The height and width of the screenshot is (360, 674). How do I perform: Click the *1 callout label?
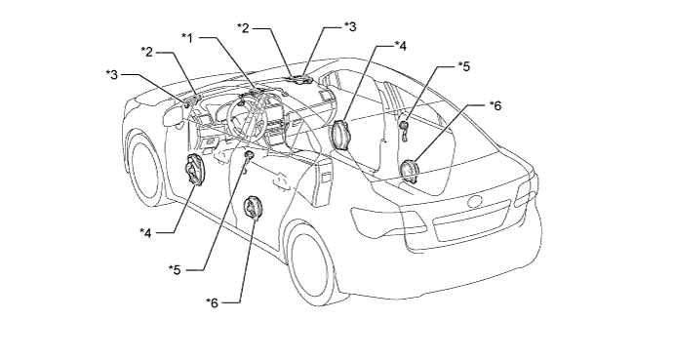[187, 38]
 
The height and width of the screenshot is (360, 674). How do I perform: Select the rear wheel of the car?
[310, 261]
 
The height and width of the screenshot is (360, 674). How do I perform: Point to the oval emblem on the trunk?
[476, 201]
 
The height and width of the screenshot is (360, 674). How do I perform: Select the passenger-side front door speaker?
[341, 136]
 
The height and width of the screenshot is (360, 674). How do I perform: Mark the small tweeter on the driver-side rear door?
[248, 155]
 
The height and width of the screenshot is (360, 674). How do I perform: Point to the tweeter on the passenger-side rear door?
[404, 126]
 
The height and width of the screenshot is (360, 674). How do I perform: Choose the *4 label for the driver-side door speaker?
[145, 233]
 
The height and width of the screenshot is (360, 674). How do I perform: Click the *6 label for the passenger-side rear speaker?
[496, 105]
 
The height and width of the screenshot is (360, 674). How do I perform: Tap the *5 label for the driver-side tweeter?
[175, 269]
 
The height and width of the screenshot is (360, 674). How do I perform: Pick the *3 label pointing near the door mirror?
[112, 74]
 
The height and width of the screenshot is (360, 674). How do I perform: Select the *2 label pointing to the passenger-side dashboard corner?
[243, 28]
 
